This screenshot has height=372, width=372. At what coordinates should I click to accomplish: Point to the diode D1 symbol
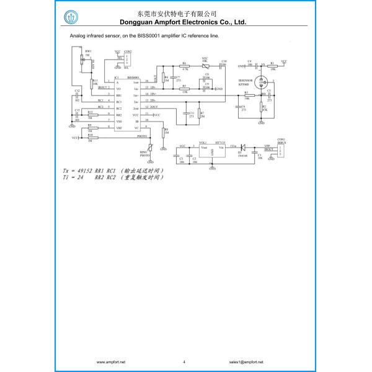pyautogui.click(x=243, y=148)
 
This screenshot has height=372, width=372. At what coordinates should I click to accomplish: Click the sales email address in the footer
pyautogui.click(x=246, y=361)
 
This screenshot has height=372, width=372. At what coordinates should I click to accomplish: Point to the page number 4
pyautogui.click(x=184, y=361)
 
